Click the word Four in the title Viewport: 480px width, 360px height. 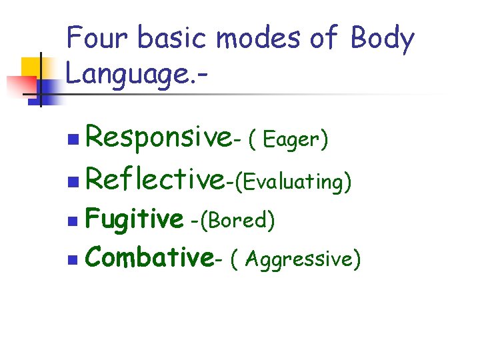[96, 38]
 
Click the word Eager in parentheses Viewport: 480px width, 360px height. [292, 140]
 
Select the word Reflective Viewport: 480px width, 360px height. [155, 179]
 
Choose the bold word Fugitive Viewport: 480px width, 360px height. [134, 219]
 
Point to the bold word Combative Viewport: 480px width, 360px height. [149, 257]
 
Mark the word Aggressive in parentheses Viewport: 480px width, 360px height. [300, 259]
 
